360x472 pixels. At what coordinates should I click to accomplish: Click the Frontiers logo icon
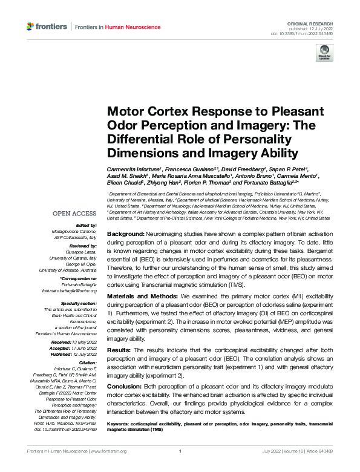[31, 27]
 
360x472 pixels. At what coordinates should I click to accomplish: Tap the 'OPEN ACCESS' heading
[74, 214]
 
